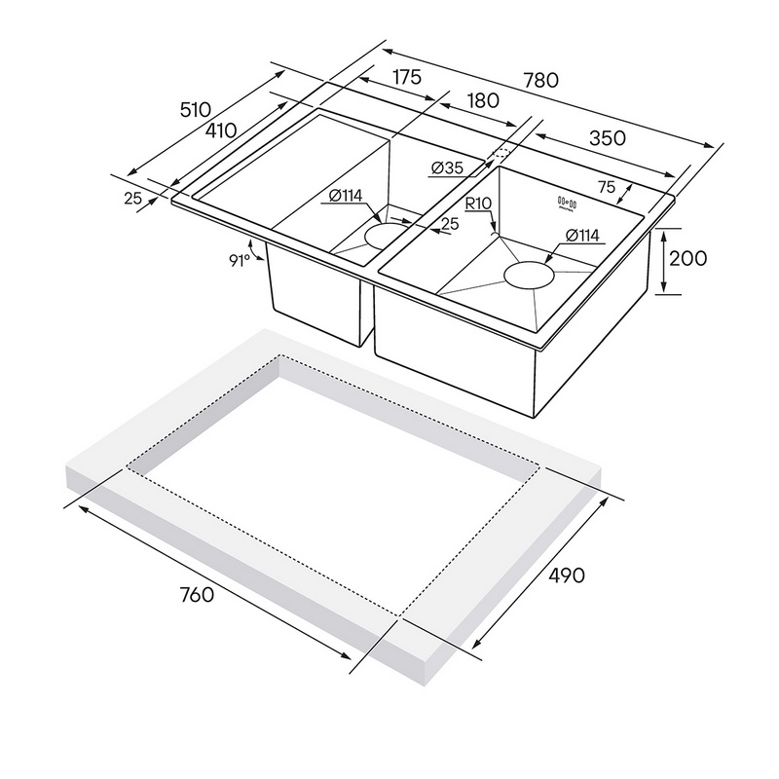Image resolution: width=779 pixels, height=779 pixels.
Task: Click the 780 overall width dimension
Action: point(540,80)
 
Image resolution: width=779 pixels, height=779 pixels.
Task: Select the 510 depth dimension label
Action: point(196,109)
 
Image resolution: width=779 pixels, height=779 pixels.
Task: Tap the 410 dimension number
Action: point(221,130)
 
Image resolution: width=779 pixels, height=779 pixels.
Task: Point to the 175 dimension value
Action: point(407,77)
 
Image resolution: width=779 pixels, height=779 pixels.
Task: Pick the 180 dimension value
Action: point(483,100)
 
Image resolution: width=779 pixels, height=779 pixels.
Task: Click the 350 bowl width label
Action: point(607,137)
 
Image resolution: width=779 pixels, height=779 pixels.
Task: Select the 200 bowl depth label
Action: point(687,258)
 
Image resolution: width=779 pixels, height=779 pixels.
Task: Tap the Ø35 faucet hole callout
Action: point(447,168)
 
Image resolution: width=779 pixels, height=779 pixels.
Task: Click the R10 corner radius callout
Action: point(478,204)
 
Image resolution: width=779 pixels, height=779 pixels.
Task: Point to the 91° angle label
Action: point(240,260)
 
